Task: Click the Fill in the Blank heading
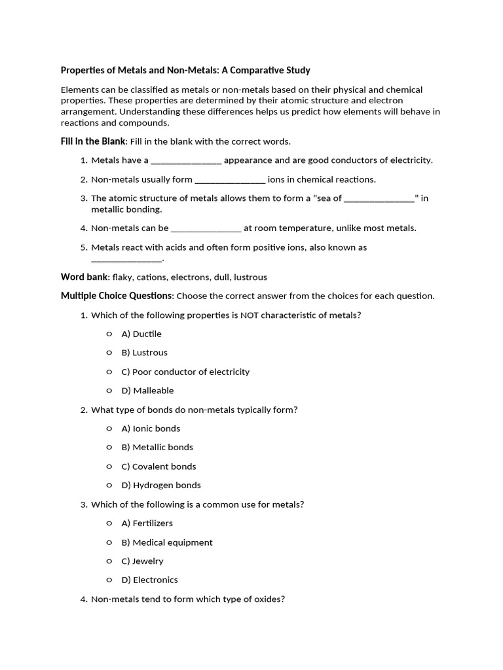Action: (x=89, y=141)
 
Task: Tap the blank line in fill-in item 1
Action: (x=186, y=160)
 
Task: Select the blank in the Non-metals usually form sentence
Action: (x=230, y=179)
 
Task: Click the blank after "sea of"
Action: (x=379, y=198)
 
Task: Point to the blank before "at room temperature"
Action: (x=206, y=228)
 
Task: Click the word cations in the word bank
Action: (x=152, y=277)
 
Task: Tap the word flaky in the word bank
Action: (x=122, y=277)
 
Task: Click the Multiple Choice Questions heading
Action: (x=117, y=296)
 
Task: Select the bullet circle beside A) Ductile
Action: (x=109, y=334)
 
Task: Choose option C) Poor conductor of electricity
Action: (x=185, y=372)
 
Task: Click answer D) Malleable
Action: (x=147, y=391)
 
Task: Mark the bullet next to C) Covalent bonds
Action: (x=109, y=467)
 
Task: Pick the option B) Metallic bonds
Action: (x=157, y=448)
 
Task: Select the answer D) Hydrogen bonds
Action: (x=161, y=485)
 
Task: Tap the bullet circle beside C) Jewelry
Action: (x=109, y=561)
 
